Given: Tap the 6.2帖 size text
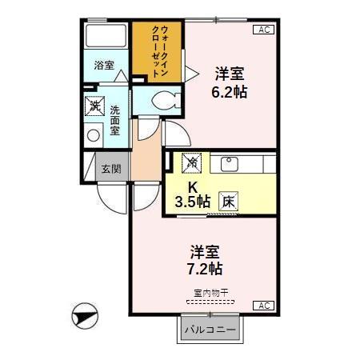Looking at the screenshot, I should pyautogui.click(x=229, y=91).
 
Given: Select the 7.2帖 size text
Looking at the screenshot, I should pyautogui.click(x=206, y=268).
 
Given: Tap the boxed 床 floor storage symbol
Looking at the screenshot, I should pyautogui.click(x=228, y=202).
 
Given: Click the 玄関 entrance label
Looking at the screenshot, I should pyautogui.click(x=110, y=169).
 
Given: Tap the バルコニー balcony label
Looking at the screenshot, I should pyautogui.click(x=209, y=330).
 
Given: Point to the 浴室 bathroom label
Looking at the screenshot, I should pyautogui.click(x=103, y=65).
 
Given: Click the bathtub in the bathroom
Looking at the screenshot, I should pyautogui.click(x=104, y=38).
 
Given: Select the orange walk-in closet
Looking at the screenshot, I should pyautogui.click(x=158, y=50).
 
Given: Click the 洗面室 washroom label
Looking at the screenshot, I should pyautogui.click(x=115, y=119).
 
